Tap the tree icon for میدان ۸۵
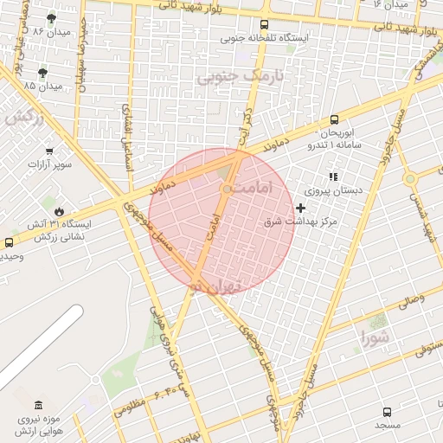[x=43, y=72]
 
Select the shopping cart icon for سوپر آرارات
[x=48, y=150]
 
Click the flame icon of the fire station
[x=59, y=210]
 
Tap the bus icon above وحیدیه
[x=9, y=243]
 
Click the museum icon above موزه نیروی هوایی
[x=38, y=405]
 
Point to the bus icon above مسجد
[x=387, y=412]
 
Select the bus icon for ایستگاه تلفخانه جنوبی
[x=264, y=24]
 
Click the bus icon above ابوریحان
[x=334, y=120]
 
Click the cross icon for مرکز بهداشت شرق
[x=300, y=208]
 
